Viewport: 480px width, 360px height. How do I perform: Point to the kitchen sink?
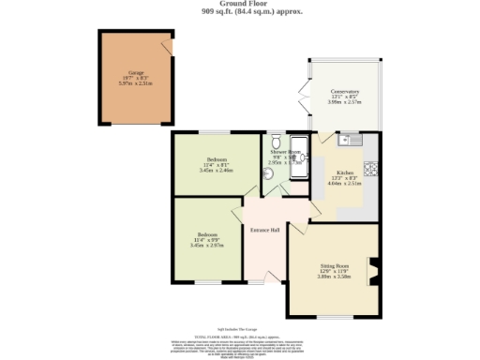[x=351, y=141]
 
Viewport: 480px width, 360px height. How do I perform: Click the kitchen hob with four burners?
[x=370, y=169]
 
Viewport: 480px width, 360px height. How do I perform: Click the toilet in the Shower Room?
[x=275, y=140]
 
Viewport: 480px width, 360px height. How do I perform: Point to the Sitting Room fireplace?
[x=373, y=271]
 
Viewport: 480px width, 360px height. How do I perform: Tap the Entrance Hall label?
[x=267, y=229]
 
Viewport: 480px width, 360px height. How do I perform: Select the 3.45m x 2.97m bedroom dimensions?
[x=207, y=246]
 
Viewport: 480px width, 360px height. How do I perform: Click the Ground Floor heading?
[x=241, y=5]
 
